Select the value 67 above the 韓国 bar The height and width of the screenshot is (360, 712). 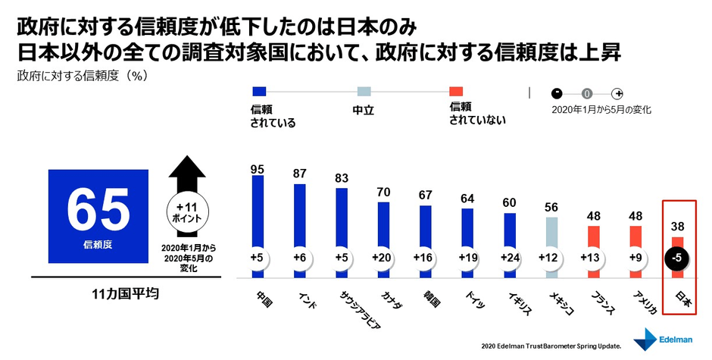point(426,195)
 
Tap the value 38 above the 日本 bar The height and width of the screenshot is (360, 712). point(677,226)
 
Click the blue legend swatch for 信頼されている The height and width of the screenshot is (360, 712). point(258,92)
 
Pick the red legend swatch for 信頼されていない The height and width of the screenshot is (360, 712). point(456,92)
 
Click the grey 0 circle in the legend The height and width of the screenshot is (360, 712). point(587,93)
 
